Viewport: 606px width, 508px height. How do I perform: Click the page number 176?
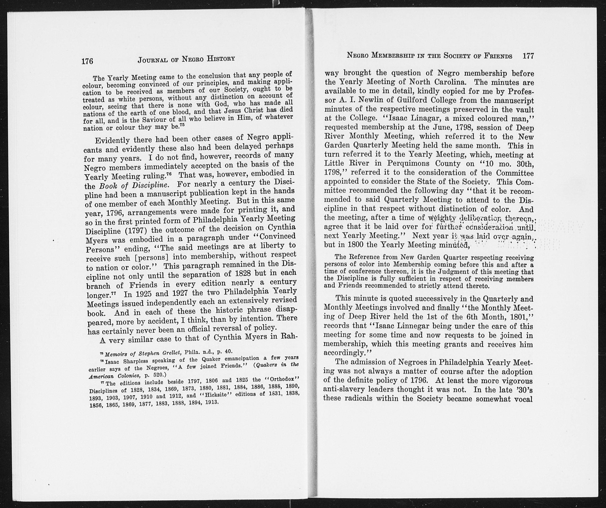click(87, 61)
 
